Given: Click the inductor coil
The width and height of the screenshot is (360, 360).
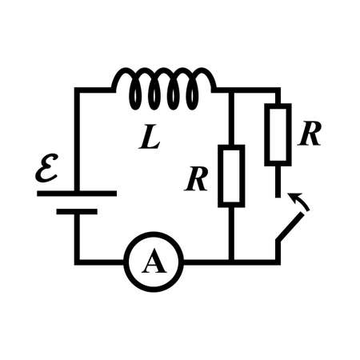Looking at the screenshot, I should pos(165,88).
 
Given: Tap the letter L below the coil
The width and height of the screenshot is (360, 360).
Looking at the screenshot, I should pos(150,138).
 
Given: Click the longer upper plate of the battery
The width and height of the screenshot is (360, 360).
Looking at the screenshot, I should pos(77,193).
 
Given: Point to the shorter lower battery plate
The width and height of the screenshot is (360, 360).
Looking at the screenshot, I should pos(77,211).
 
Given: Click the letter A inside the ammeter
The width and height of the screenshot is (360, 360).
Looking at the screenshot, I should pos(154,262).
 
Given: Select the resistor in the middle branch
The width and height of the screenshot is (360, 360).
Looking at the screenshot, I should pos(231,175).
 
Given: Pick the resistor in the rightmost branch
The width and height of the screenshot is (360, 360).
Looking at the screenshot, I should pos(278,134).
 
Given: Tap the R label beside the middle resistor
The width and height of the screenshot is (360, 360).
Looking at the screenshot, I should pos(197,180).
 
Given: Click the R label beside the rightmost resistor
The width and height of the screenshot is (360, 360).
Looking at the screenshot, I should pos(310,134).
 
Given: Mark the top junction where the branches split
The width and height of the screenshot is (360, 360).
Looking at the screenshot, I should pos(231,90).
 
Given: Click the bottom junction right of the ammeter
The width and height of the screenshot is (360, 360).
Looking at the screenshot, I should pos(231,262).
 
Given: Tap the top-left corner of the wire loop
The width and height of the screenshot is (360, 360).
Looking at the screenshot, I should pos(77,90).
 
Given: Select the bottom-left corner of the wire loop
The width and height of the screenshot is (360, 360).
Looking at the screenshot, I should pos(77,262).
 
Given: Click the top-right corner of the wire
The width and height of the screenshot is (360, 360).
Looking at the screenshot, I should pos(278,90).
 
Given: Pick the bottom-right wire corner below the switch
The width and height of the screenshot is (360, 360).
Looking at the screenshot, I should pos(278,261).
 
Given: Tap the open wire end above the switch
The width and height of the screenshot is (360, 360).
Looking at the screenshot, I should pos(278,194).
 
